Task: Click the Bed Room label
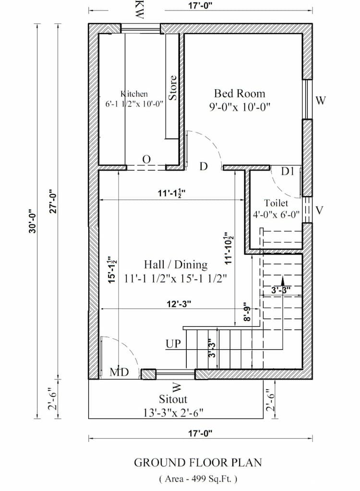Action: [x=239, y=93]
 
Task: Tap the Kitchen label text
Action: [x=134, y=94]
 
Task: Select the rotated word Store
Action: [x=173, y=87]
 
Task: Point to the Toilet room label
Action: [x=276, y=203]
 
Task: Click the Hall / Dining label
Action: [x=176, y=265]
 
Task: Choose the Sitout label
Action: [x=173, y=399]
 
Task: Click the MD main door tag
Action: [x=118, y=372]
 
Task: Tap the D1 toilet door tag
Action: [x=288, y=171]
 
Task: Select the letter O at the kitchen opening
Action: [x=146, y=159]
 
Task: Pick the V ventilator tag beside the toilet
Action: [x=319, y=210]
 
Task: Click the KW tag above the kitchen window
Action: [x=140, y=10]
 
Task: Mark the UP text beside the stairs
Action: [x=173, y=344]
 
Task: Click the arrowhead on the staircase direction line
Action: [x=283, y=280]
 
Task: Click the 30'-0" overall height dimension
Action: [x=32, y=221]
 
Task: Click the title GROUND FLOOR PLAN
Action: [x=198, y=463]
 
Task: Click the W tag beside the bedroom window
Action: [x=321, y=100]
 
